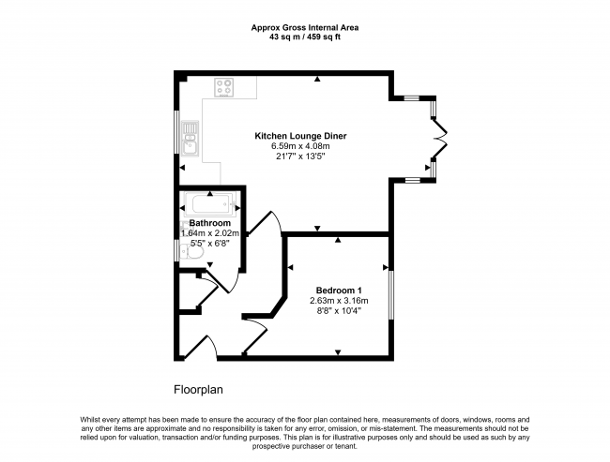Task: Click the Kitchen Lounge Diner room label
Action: pos(300,136)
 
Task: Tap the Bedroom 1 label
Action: pos(339,291)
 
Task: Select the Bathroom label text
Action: pos(209,223)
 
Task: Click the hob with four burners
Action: pos(224,87)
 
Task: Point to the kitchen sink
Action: pos(190,139)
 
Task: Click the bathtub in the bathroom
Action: pos(210,204)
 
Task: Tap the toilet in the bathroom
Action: pos(192,253)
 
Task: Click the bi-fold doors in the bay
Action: pos(440,139)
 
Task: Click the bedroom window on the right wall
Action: pos(391,295)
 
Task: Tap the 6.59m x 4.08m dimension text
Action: pos(300,146)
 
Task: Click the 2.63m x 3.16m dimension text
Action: pos(339,301)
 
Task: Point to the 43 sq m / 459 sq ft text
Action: pos(305,37)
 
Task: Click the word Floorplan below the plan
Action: pos(198,389)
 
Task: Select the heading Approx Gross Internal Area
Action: pos(305,27)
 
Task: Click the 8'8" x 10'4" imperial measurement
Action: pos(339,311)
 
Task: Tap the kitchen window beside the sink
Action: pos(176,132)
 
